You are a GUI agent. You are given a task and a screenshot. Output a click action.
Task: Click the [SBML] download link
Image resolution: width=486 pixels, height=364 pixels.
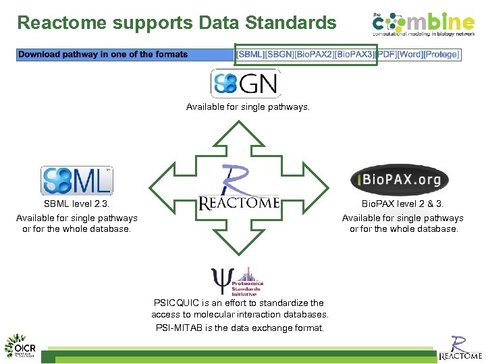(x=250, y=55)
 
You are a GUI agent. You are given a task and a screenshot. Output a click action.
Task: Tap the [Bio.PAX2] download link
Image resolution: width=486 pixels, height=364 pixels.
(x=315, y=55)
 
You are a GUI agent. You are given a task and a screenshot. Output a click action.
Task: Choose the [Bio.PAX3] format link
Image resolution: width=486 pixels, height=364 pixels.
(x=355, y=55)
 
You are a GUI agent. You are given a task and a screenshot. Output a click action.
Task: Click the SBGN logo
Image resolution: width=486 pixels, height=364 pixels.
(x=245, y=84)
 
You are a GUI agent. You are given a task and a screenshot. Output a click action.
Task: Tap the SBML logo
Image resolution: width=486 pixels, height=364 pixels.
(x=76, y=181)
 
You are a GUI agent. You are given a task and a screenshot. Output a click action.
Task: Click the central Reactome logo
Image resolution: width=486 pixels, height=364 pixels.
(x=238, y=191)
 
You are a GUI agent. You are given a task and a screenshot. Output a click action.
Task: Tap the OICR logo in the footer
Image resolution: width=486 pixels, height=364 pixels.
(x=21, y=346)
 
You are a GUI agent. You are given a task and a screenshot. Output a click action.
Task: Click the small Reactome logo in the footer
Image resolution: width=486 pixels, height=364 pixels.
(x=460, y=348)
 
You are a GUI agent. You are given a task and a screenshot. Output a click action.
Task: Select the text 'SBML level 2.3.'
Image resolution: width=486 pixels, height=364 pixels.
(x=76, y=204)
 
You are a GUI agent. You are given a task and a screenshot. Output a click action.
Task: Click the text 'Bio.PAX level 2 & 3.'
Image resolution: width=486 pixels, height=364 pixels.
(x=402, y=204)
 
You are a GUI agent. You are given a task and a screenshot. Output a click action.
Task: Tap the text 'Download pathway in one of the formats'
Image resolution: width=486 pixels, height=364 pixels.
(x=103, y=55)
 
